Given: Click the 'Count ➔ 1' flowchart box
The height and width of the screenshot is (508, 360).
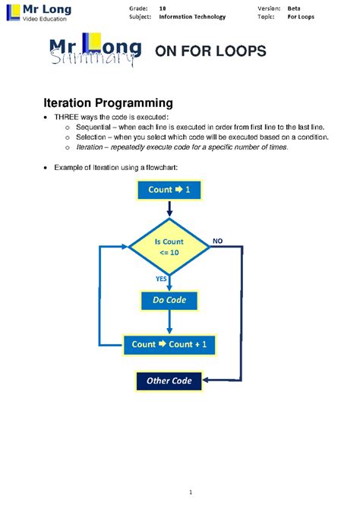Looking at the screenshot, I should coord(169,190).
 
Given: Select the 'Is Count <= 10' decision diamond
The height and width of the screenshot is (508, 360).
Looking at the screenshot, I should coord(169,245).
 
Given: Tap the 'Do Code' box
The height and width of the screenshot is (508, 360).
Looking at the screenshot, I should coord(169,301).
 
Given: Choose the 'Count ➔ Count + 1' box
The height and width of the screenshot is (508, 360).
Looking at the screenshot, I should coord(169,344).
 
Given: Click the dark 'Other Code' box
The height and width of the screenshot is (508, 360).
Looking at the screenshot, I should coord(169,380).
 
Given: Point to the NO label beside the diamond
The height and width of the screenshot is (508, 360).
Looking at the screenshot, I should coord(218,240).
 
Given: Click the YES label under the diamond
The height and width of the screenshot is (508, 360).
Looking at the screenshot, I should coord(161,279).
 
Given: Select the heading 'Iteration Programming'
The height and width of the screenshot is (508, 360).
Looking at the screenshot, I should coord(107,103).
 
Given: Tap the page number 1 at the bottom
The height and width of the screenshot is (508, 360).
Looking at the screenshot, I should coord(180,494).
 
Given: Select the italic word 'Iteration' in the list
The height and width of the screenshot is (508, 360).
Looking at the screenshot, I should coord(87,147).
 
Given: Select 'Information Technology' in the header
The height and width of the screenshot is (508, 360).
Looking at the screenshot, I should coord(192,17).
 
